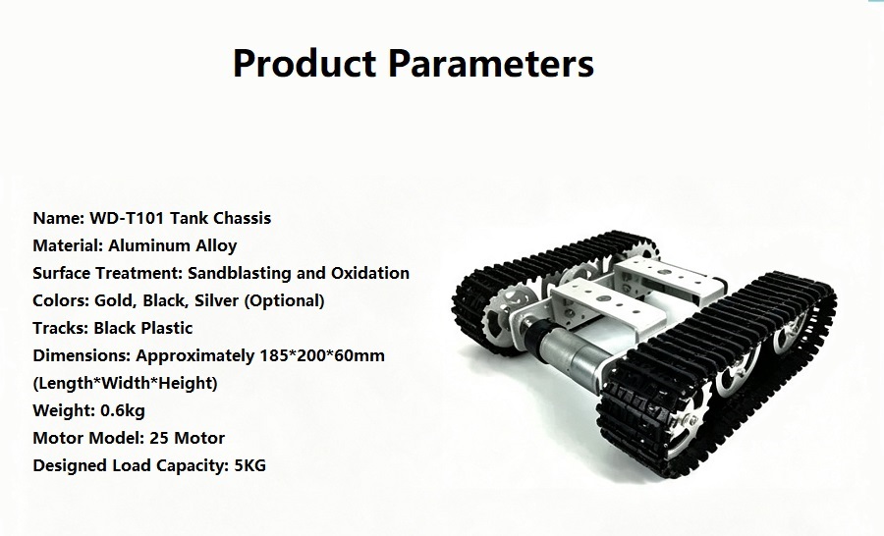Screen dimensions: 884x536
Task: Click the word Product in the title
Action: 304,63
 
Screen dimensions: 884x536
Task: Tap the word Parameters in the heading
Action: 490,63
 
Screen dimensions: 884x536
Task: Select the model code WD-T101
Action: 127,218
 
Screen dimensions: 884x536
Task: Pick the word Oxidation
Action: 370,273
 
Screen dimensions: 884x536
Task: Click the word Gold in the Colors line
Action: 115,301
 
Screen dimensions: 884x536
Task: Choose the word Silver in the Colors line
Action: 216,301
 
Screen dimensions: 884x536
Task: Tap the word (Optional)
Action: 284,301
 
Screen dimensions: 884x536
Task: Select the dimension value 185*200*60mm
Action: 322,355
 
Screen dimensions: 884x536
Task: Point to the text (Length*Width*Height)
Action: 125,383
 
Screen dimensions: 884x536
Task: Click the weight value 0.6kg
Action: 123,411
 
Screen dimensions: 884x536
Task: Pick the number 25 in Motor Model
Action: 159,438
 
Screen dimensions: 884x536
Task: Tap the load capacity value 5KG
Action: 249,465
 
